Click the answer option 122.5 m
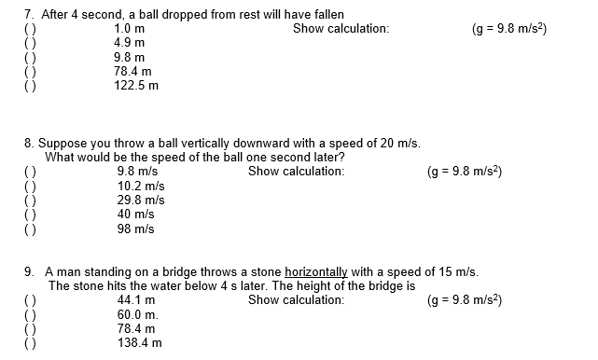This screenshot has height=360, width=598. point(135,85)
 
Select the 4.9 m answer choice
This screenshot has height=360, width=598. point(128,43)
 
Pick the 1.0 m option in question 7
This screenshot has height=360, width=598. point(128,29)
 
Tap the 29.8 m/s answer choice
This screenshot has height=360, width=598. point(141,200)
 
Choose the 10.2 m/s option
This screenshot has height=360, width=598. point(141,186)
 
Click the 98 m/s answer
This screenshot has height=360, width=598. point(135,228)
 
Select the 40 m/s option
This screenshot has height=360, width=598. point(135,215)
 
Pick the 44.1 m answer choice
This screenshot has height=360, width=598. point(136,300)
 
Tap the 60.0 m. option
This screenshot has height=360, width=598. point(138,314)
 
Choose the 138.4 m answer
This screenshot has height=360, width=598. point(139,343)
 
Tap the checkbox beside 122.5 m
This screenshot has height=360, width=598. point(30,85)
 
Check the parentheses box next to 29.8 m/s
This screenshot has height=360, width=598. point(30,200)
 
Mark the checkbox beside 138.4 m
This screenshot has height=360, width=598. point(30,343)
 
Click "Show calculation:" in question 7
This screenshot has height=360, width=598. point(341,29)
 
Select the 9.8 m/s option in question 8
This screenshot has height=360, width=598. point(137,172)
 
